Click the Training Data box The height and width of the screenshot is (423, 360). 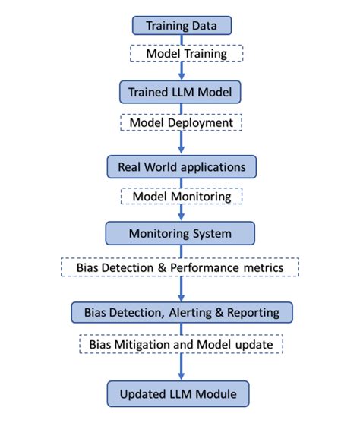point(181,26)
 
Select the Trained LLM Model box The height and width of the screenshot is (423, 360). point(181,93)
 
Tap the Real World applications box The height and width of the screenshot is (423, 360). point(181,166)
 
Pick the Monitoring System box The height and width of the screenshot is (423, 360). point(181,232)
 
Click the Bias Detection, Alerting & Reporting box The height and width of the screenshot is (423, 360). point(181,311)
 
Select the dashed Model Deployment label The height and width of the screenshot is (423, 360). point(181,122)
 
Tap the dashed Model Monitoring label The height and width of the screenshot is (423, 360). point(181,196)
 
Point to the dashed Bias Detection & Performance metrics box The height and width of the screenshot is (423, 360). point(181,267)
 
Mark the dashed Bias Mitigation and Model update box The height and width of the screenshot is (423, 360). point(181,344)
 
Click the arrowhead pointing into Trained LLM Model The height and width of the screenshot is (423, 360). point(181,77)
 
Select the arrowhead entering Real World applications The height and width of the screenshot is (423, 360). point(181,150)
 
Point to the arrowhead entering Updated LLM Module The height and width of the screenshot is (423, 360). point(181,378)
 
